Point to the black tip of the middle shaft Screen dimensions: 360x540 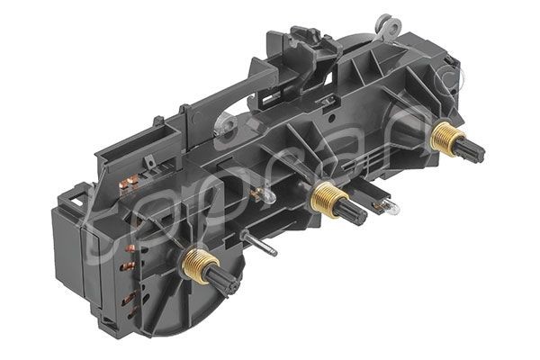pyautogui.click(x=352, y=213)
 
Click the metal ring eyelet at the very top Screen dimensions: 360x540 pyautogui.click(x=386, y=21)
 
